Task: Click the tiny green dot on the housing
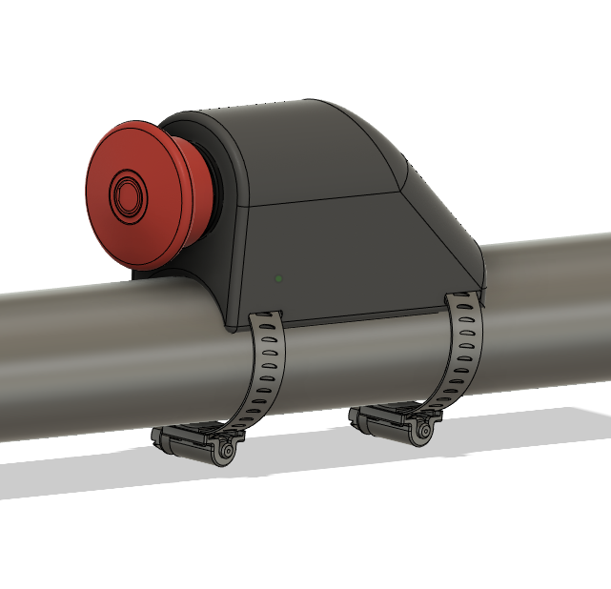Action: coord(278,278)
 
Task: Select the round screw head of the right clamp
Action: coord(421,431)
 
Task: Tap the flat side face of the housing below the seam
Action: coord(334,257)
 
